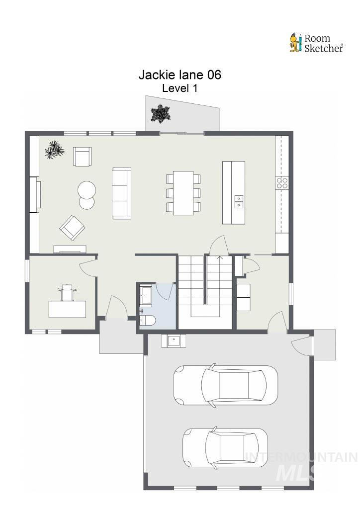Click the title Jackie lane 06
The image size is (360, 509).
(x=180, y=75)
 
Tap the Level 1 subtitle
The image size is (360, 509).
(x=180, y=88)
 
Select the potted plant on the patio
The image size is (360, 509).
(x=161, y=114)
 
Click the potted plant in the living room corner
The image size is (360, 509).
(x=54, y=149)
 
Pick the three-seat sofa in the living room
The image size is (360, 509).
(x=122, y=193)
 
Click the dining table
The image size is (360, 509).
(x=183, y=193)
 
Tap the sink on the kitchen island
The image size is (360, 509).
(x=239, y=201)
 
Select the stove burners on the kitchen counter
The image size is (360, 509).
(x=282, y=183)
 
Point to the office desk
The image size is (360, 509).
(x=67, y=309)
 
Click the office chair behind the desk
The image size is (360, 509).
(x=67, y=292)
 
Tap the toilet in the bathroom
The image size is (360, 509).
(x=148, y=320)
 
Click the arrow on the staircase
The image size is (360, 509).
(x=220, y=258)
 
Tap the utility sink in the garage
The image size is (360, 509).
(x=173, y=340)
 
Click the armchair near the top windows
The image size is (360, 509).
(x=83, y=157)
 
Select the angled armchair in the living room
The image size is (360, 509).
(x=72, y=228)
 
